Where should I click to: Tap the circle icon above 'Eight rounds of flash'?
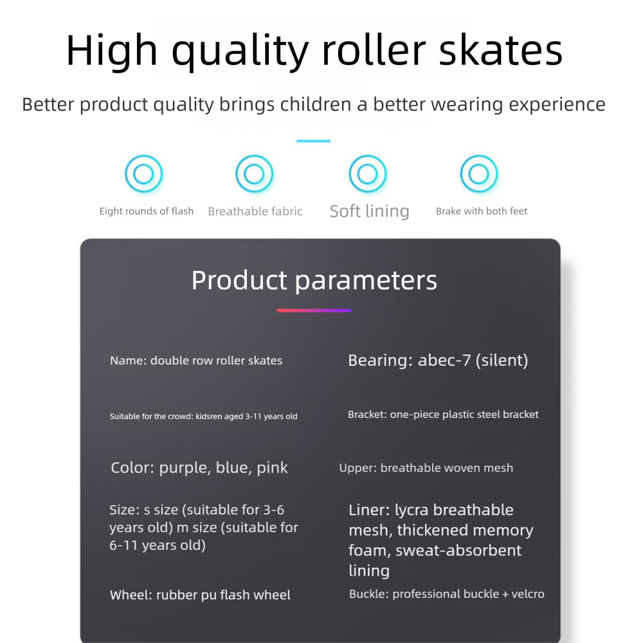143,174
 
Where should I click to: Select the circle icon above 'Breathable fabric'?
254,174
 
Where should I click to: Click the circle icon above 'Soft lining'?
367,174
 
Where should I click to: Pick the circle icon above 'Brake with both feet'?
479,174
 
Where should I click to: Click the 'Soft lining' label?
369,212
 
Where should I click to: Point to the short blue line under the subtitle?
314,141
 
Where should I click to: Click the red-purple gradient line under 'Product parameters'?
314,311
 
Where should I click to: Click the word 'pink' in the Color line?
272,467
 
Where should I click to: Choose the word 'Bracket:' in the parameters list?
367,415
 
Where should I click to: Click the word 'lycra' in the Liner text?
412,510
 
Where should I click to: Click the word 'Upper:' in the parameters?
358,468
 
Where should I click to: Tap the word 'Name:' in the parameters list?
128,361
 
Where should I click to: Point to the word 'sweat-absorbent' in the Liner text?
458,550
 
